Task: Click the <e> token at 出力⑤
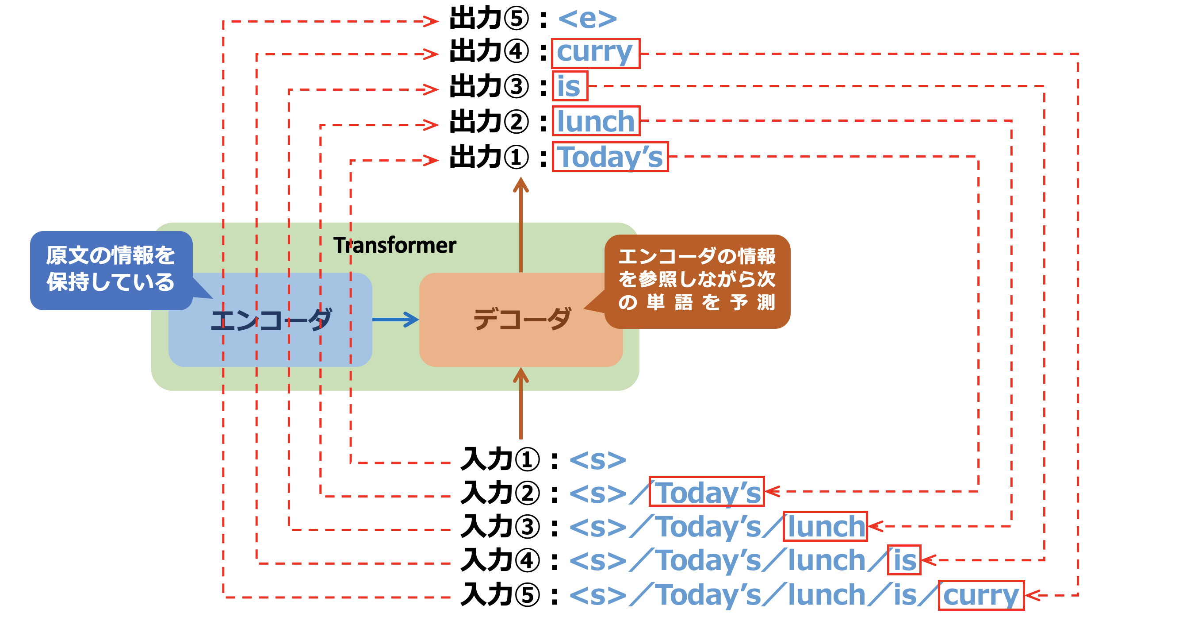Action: point(587,19)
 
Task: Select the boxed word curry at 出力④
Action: point(595,53)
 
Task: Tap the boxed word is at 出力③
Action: point(569,86)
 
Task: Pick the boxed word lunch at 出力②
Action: point(596,121)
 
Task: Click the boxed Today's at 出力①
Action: point(610,157)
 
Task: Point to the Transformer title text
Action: point(395,245)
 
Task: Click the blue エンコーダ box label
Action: point(271,320)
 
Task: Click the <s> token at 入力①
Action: point(597,460)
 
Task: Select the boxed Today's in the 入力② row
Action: point(706,492)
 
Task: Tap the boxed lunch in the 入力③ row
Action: point(825,527)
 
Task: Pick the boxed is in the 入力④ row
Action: point(904,560)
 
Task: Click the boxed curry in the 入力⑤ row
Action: point(981,595)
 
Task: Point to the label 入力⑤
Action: point(501,595)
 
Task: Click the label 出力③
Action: point(489,86)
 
